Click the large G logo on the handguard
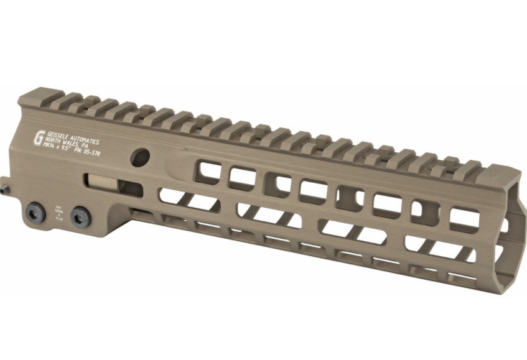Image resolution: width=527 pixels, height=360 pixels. coord(39,137)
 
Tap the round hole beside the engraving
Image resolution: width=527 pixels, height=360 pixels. coord(139,156)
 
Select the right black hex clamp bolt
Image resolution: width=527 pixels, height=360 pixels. coord(79,216)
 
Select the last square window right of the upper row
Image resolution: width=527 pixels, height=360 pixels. coord(465,218)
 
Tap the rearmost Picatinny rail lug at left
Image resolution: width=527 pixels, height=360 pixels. coord(70,98)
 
